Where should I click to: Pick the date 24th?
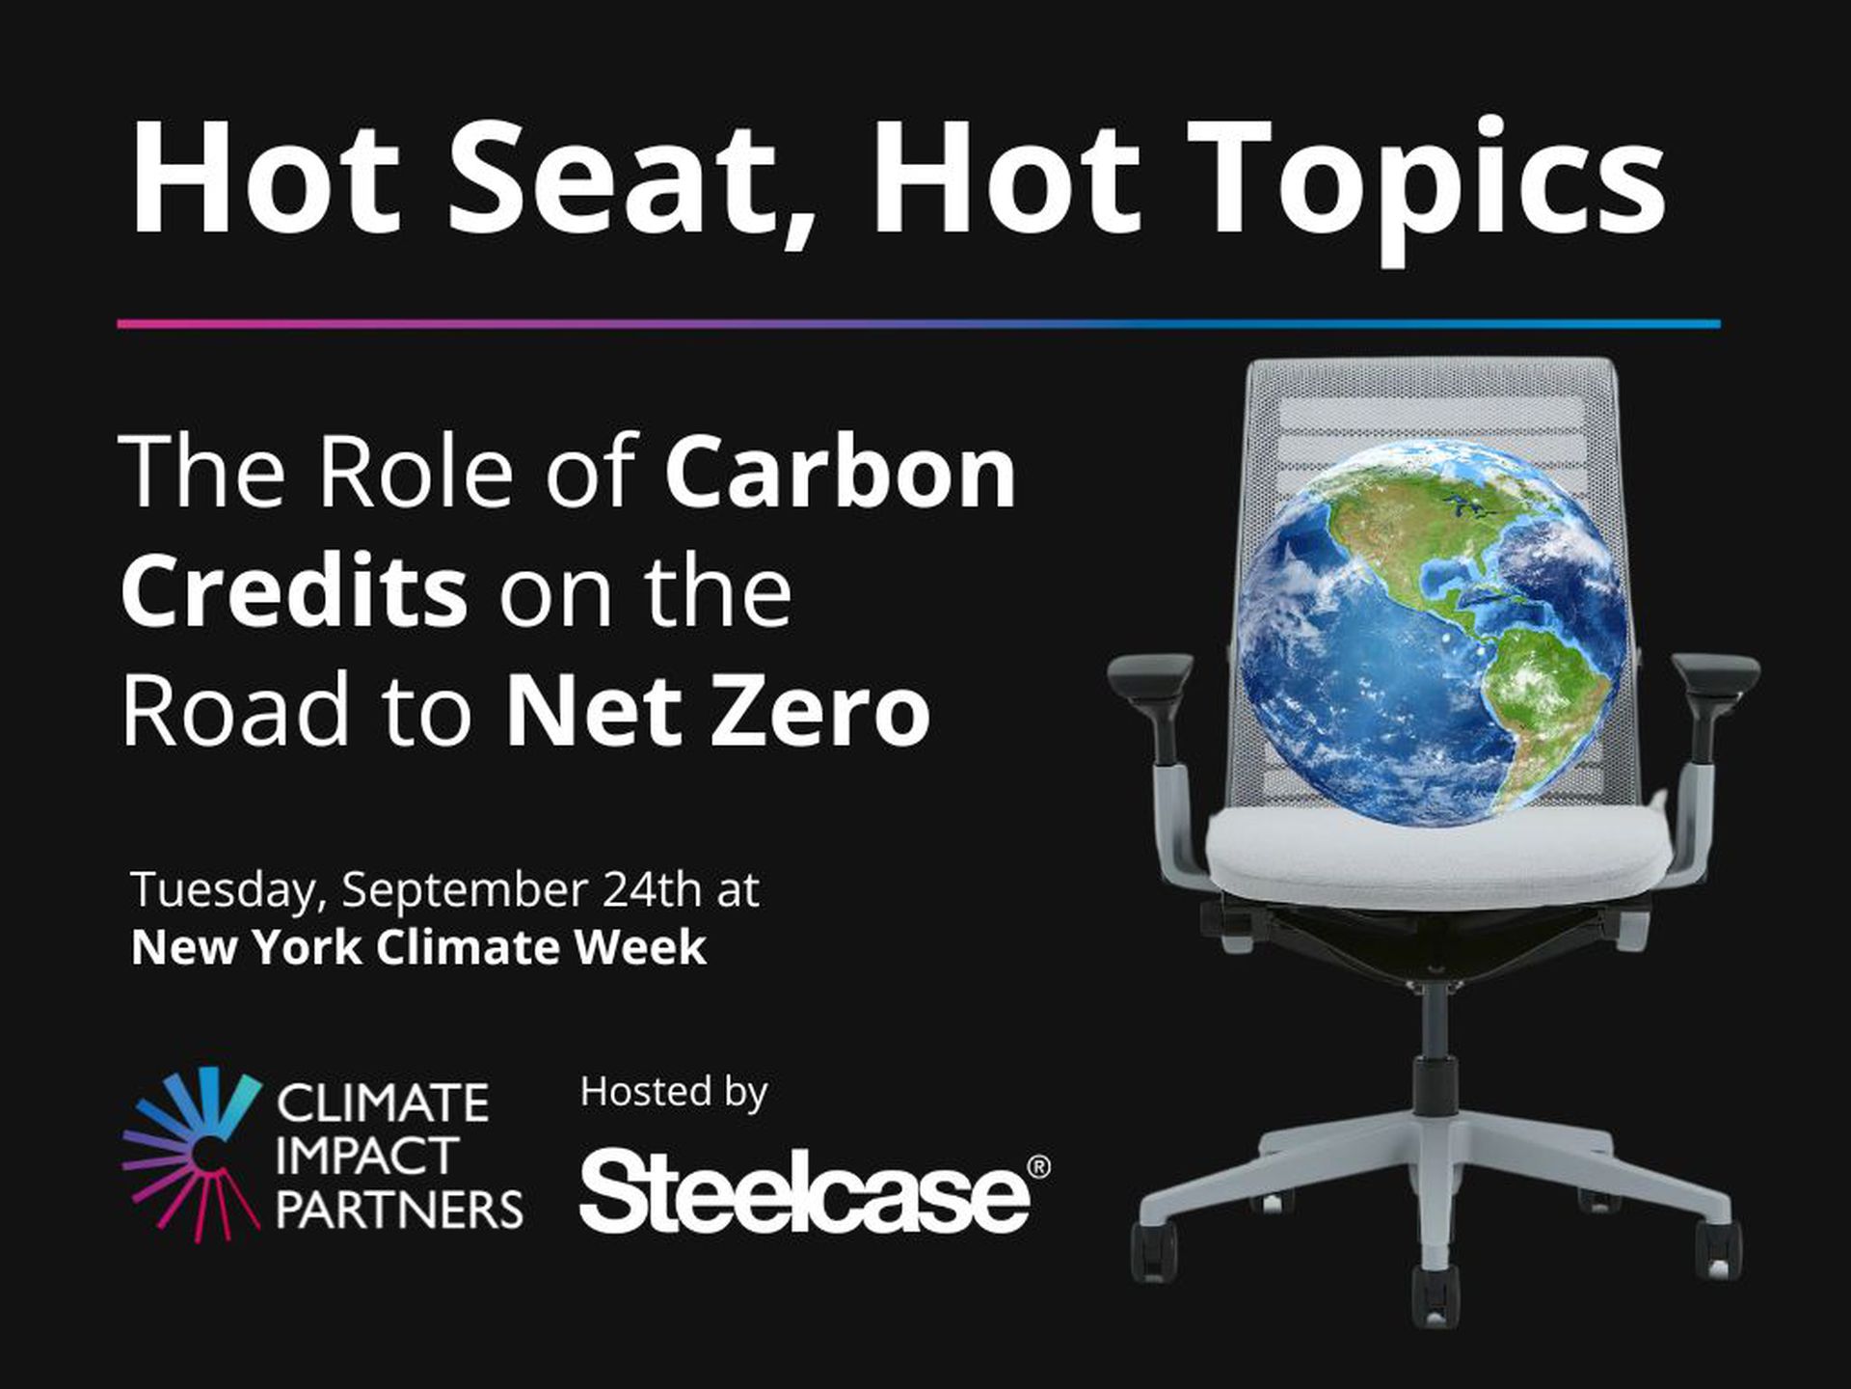point(652,888)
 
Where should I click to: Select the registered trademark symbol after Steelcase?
point(1040,1166)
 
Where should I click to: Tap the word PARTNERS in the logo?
point(399,1210)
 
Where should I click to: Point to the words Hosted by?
point(674,1093)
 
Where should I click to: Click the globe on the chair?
point(1431,632)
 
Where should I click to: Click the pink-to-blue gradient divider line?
point(919,324)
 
